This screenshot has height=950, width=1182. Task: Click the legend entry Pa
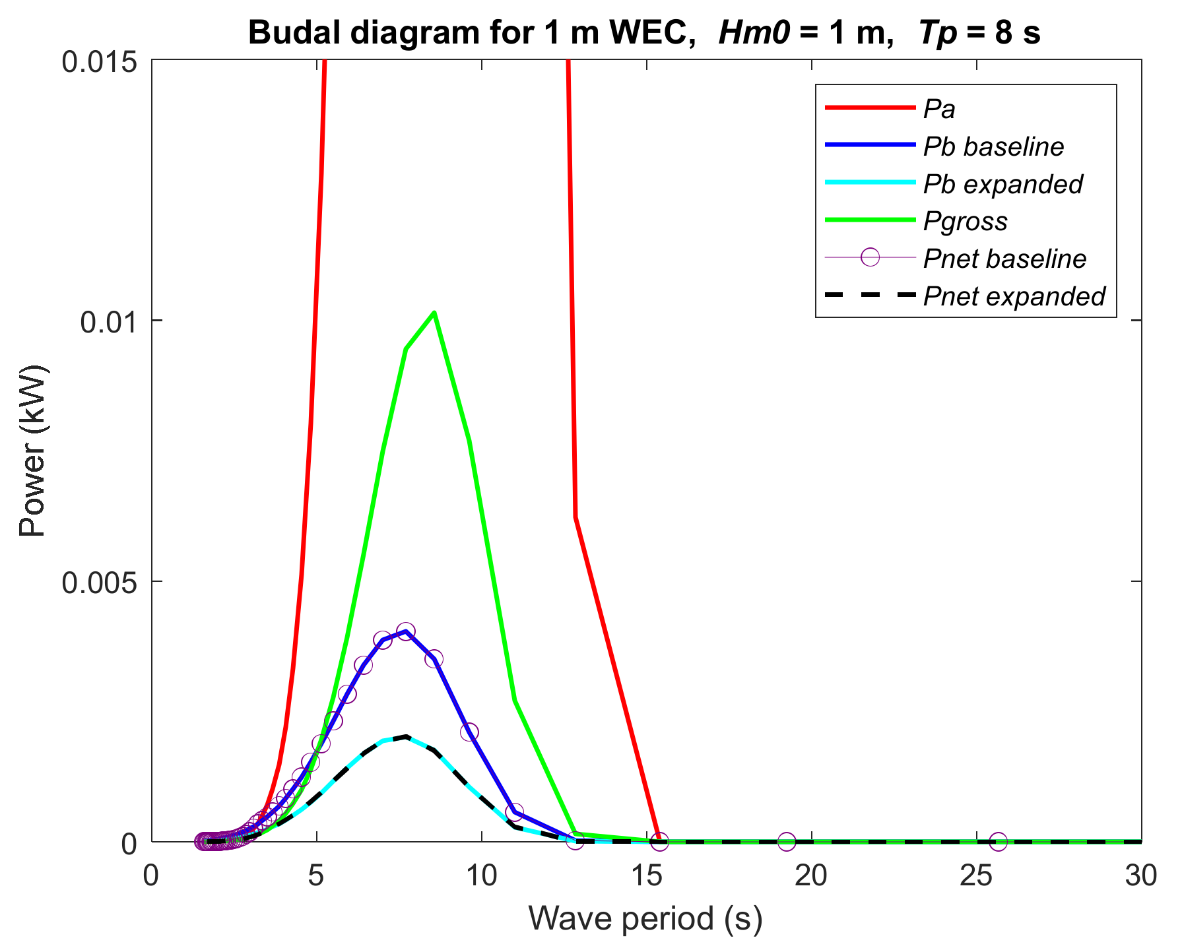[939, 109]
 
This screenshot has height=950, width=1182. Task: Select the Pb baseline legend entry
[993, 146]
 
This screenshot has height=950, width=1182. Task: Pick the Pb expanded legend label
[1002, 184]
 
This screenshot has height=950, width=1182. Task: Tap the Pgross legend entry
[965, 222]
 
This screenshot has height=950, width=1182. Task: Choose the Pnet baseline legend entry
[1004, 259]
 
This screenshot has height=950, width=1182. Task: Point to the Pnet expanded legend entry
[1014, 296]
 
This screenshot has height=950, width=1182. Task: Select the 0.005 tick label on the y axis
[99, 582]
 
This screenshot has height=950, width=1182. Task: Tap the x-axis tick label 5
[317, 876]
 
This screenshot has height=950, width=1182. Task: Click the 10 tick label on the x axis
[482, 876]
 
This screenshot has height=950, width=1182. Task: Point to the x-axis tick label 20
[811, 876]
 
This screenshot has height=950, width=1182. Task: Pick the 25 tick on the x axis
[976, 876]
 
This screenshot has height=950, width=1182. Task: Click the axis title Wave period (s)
[645, 918]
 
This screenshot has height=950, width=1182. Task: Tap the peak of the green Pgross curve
[434, 312]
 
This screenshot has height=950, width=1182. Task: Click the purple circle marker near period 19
[786, 841]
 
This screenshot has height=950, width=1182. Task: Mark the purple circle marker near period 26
[999, 841]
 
